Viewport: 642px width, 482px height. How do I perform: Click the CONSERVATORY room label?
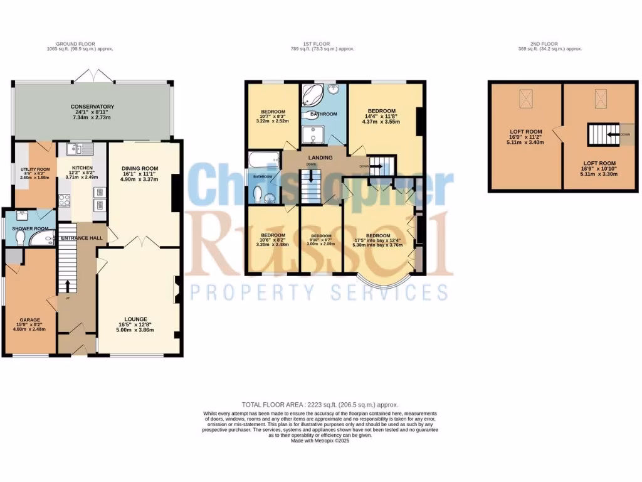[x=92, y=107]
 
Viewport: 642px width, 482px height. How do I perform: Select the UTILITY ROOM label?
[x=34, y=169]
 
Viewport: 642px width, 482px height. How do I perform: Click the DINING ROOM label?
[x=139, y=168]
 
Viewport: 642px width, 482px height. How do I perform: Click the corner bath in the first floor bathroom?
[x=312, y=97]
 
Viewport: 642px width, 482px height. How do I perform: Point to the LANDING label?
[x=314, y=157]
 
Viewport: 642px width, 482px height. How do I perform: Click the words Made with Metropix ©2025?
[x=320, y=441]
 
